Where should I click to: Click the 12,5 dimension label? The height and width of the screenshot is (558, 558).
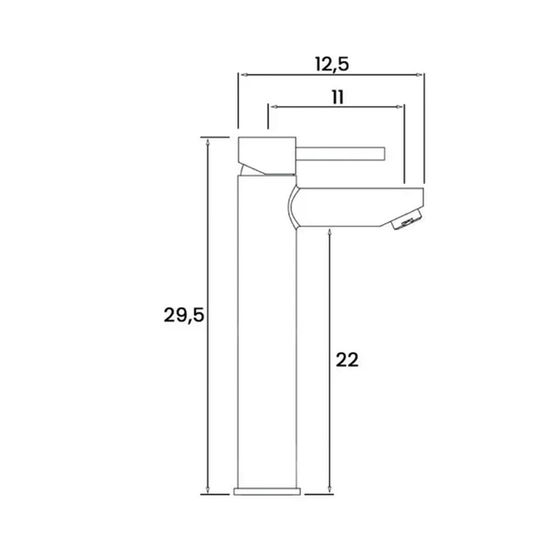click(x=331, y=64)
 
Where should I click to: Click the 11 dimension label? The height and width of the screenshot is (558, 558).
click(x=336, y=97)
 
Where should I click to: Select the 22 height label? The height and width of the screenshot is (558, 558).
click(x=347, y=360)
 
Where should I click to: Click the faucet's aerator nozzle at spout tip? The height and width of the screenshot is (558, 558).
click(x=407, y=221)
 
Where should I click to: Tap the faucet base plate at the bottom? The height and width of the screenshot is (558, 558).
click(x=267, y=491)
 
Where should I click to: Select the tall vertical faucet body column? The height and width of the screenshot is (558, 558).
click(x=267, y=335)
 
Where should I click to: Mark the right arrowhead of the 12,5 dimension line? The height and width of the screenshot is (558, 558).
click(x=421, y=74)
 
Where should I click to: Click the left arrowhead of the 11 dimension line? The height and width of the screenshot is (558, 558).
click(x=272, y=105)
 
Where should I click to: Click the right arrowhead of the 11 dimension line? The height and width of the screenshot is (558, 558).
click(x=400, y=105)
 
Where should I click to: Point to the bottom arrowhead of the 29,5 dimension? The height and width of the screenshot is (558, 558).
click(x=208, y=491)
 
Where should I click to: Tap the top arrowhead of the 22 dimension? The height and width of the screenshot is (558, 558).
click(x=330, y=230)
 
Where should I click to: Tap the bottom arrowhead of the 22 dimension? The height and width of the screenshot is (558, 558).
click(x=330, y=491)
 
